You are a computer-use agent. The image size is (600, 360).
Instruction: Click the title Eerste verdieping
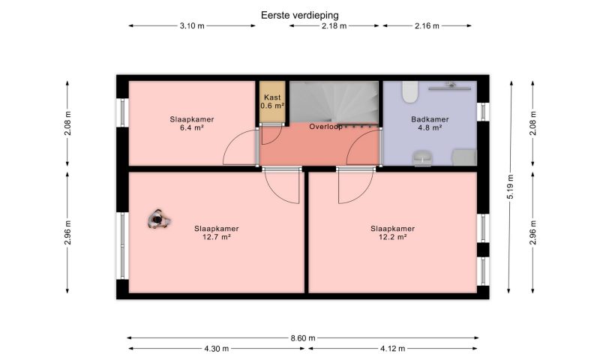tap(299, 15)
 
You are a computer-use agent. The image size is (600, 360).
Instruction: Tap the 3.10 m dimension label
tap(192, 26)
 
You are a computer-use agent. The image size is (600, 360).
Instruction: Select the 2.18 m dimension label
tap(334, 26)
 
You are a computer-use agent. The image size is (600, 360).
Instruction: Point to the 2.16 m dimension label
tap(427, 26)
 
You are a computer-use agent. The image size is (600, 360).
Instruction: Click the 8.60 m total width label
tap(303, 338)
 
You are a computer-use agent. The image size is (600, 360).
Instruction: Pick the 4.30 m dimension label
tap(217, 349)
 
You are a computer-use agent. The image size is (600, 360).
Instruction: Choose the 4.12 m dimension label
tap(392, 349)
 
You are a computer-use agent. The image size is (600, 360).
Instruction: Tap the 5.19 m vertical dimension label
tap(510, 186)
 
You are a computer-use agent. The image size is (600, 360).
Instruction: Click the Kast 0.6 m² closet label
tap(272, 101)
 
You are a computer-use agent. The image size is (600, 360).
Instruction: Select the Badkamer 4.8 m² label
tap(430, 124)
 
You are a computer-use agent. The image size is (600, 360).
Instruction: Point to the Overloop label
tap(325, 127)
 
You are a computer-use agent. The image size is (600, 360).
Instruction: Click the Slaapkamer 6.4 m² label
tap(192, 124)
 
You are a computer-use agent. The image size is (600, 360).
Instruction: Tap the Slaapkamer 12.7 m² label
tap(216, 232)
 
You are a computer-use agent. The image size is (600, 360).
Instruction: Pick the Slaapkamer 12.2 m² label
tap(392, 232)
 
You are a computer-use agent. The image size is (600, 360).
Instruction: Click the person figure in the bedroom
tap(158, 219)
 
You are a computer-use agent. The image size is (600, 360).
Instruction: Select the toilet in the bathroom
tap(409, 91)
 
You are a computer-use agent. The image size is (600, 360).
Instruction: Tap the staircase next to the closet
tap(334, 103)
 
